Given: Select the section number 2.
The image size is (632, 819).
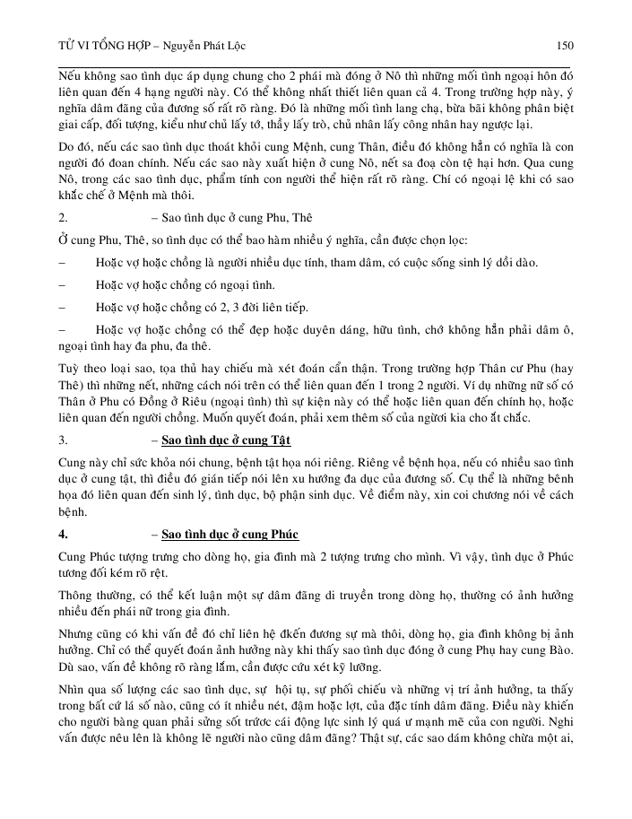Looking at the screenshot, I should point(63,242).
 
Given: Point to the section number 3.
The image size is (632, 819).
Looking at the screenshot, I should point(63,440).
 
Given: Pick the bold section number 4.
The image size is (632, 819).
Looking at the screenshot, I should point(63,535).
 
